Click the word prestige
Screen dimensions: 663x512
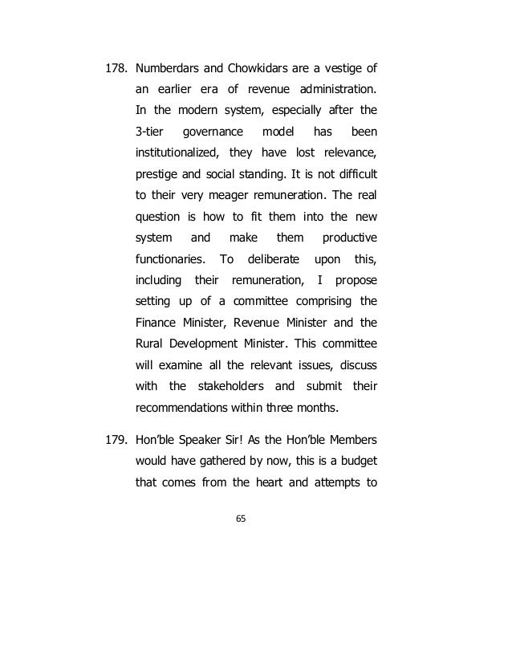point(157,174)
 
